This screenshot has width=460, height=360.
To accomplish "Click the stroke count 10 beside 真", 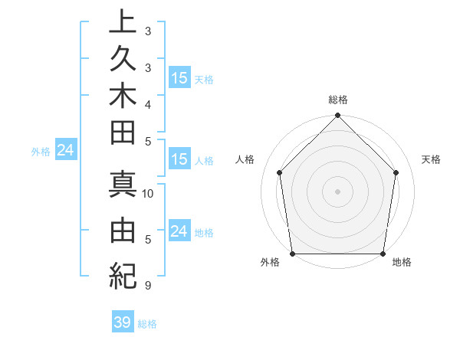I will pos(148,194).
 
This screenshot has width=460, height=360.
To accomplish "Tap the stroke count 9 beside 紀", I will pos(147,286).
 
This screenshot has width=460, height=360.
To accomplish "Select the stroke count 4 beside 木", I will pos(147,103).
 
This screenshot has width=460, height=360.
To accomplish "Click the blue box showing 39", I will pos(122,322).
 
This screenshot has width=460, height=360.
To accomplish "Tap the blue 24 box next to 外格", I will pos(65,151).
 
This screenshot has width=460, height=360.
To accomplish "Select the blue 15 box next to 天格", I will pos(179,78).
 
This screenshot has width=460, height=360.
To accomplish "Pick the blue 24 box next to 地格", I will pos(179,231).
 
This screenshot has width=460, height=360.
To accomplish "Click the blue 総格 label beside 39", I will pos(147,324).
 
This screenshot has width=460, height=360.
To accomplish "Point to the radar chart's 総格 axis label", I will pos(338,100).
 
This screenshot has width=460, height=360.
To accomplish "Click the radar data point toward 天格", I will pos(396,172).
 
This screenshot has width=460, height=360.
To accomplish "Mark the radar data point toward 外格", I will pos(293,254).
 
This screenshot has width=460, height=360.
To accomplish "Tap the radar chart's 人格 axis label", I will pos(245,159).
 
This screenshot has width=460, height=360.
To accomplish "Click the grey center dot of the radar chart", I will pos(338,191).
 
